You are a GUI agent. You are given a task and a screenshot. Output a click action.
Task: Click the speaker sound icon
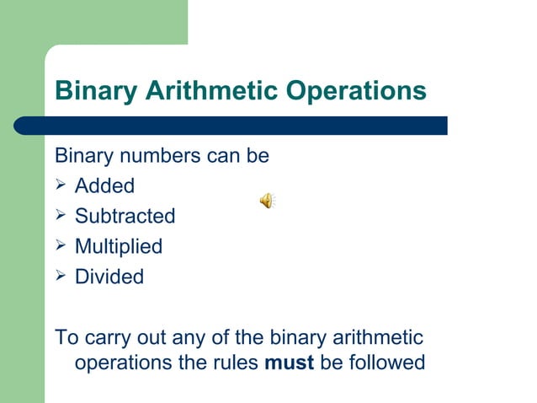pos(266,200)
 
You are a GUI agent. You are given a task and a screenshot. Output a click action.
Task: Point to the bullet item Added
pos(104,185)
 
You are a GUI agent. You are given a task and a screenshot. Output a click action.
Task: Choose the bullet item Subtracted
pos(125,216)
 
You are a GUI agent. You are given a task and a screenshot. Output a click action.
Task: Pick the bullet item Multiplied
pos(119,246)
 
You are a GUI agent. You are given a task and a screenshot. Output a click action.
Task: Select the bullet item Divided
pos(109,277)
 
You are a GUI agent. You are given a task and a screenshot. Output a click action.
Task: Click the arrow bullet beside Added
pos(61,185)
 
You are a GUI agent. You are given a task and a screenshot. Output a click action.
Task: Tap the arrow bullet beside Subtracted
pos(61,215)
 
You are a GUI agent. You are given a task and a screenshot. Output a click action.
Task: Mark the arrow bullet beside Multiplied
pos(61,245)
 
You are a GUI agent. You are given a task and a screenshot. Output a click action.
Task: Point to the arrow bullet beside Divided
pos(61,276)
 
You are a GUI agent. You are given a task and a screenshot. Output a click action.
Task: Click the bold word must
pos(290,363)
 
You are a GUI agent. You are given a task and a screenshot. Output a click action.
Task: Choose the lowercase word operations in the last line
pos(125,363)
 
